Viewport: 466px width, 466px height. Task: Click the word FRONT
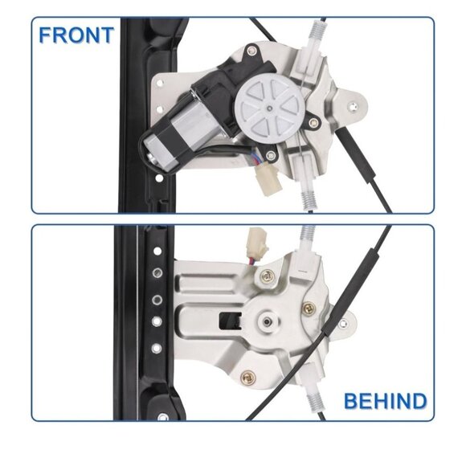pos(77,36)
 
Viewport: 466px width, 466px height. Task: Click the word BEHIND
pos(386,401)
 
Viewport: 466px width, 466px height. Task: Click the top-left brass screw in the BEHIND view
pos(268,276)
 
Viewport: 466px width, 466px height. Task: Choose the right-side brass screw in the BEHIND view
pos(308,307)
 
